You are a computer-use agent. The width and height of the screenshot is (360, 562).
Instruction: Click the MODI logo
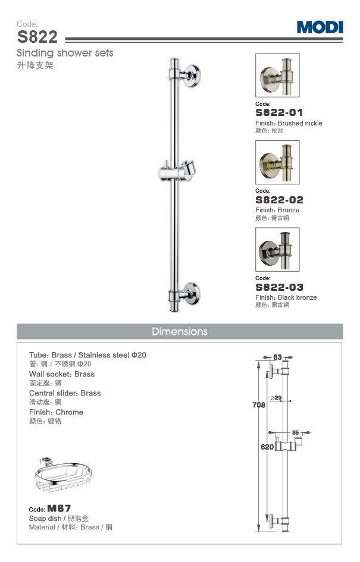(320, 27)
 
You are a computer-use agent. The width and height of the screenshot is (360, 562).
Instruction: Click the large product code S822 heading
(37, 37)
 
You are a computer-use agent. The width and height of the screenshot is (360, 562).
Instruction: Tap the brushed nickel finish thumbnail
(277, 76)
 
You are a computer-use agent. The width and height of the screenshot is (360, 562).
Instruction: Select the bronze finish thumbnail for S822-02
(277, 162)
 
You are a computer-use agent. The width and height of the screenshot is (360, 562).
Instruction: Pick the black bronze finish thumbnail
(277, 249)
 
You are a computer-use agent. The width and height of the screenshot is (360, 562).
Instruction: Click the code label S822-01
(279, 112)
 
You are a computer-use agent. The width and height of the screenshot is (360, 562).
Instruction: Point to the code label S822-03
(279, 287)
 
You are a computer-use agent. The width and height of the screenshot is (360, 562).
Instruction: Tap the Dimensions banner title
(180, 331)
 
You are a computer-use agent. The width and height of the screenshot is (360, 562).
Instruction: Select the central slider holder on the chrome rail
(179, 171)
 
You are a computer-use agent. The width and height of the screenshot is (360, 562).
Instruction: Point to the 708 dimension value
(250, 405)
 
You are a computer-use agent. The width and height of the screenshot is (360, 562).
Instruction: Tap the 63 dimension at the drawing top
(277, 357)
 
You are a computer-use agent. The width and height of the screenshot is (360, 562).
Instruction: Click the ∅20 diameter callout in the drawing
(276, 398)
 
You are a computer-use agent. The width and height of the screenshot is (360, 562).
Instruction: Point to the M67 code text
(59, 508)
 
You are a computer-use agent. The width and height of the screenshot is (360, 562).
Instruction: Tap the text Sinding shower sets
(65, 53)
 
